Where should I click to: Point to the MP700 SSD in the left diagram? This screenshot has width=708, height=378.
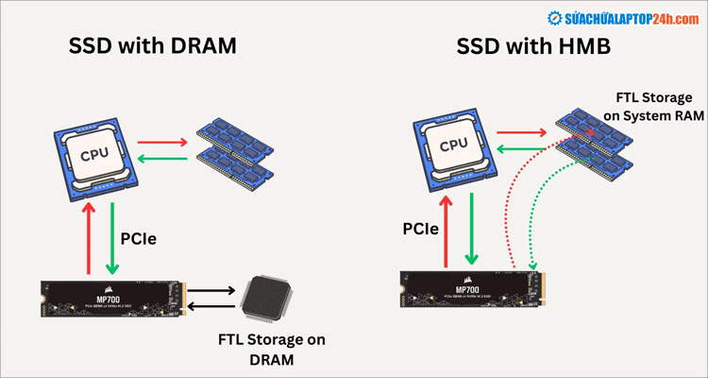pyautogui.click(x=112, y=298)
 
